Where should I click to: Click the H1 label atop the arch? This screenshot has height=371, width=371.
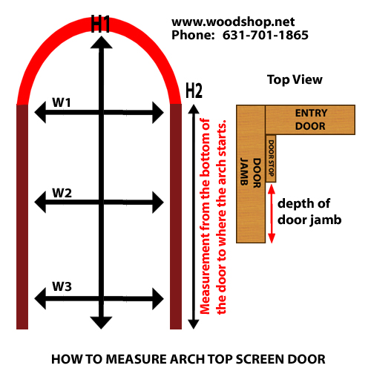[100, 24]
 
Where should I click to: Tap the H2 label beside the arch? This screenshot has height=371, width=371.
[194, 91]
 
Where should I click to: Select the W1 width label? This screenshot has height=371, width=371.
[62, 102]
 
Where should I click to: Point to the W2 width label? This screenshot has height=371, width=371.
[62, 193]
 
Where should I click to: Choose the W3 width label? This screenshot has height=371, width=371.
[62, 286]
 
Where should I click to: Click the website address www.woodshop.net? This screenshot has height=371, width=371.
[233, 22]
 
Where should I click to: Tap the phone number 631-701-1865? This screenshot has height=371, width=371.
[266, 35]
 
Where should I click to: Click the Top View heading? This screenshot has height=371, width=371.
[295, 80]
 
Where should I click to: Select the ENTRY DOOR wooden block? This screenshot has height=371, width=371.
[310, 119]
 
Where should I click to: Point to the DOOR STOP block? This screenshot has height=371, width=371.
[271, 159]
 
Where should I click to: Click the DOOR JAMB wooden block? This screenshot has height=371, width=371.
[251, 174]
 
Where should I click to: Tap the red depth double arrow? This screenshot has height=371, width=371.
[272, 214]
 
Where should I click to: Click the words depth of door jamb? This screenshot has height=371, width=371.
[309, 211]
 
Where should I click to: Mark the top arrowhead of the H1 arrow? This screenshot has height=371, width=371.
[101, 42]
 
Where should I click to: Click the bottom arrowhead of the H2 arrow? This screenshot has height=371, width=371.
[194, 324]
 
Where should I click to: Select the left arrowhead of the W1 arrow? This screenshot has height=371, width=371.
[40, 112]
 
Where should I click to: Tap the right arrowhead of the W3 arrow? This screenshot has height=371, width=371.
[158, 299]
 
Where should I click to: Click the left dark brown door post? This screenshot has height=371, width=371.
[22, 217]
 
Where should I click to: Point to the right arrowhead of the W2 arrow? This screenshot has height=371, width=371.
[158, 203]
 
